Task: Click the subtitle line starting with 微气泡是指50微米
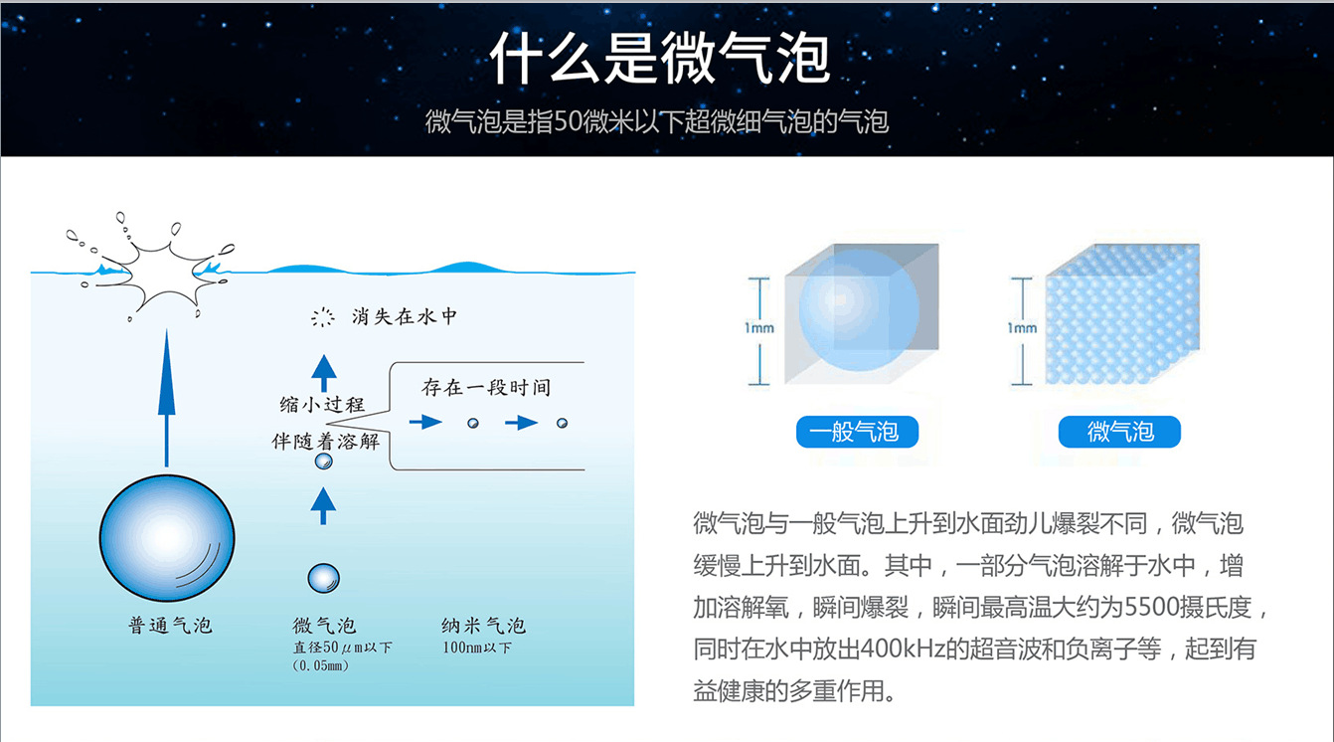pos(656,122)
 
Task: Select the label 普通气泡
pos(170,626)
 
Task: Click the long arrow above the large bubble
pos(166,398)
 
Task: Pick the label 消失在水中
pos(405,317)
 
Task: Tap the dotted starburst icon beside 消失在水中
pos(322,318)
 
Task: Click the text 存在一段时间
pos(486,387)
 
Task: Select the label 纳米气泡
pos(483,626)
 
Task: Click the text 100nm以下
pos(477,649)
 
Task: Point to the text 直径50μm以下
pos(342,649)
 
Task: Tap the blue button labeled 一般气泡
pos(856,432)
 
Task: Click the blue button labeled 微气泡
pos(1119,432)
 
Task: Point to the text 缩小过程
pos(322,405)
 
